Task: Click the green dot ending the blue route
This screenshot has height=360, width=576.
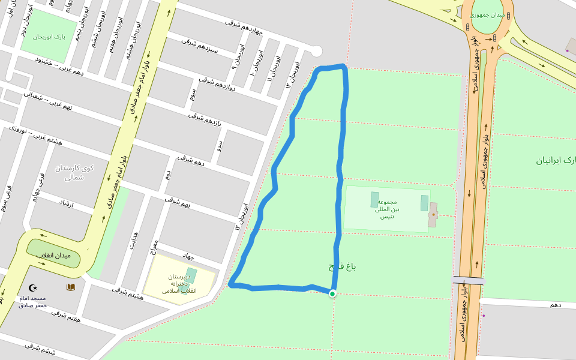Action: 332,293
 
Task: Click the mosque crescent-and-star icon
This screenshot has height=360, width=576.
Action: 33,287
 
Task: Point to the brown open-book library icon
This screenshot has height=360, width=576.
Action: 71,287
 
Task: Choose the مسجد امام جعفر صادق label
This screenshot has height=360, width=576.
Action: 32,302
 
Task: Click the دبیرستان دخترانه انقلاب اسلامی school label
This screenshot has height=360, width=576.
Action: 179,284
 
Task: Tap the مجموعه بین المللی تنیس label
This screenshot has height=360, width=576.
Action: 387,209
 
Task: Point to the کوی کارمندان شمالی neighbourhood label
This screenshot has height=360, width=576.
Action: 76,172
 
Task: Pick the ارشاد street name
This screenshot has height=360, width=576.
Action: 66,204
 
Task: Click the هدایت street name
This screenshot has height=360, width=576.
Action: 134,240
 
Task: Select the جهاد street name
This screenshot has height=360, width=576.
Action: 190,255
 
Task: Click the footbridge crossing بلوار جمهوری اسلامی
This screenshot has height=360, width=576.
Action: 468,280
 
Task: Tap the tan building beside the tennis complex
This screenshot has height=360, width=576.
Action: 433,215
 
